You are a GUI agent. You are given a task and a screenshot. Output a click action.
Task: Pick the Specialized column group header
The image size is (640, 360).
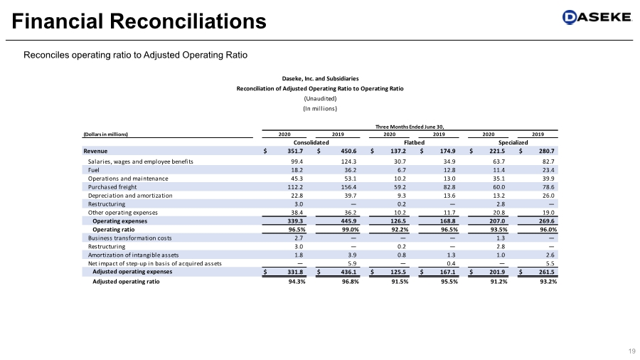[x=513, y=142]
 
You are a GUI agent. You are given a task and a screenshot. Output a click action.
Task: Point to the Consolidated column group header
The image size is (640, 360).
[x=311, y=142]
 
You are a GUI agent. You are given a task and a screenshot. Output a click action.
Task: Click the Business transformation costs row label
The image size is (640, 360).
[x=125, y=238]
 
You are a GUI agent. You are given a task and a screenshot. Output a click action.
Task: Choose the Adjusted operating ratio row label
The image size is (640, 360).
[x=126, y=282]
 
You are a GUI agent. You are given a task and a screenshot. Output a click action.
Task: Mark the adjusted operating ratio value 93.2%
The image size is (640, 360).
[x=544, y=282]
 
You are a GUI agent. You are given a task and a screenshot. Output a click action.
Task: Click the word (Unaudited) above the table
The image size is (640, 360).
[x=320, y=98]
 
